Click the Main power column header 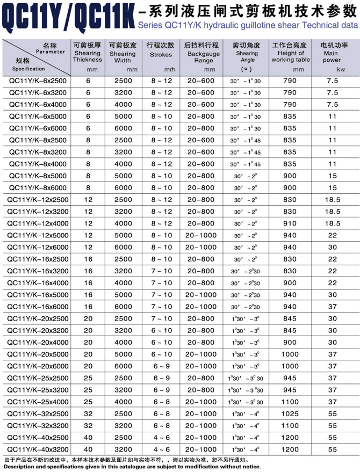click(x=333, y=53)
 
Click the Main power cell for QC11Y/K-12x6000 click(x=333, y=246)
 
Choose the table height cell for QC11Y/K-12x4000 click(x=290, y=223)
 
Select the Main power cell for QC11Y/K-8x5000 click(x=333, y=176)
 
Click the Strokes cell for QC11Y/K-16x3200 click(x=161, y=271)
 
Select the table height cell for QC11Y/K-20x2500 click(x=290, y=318)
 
